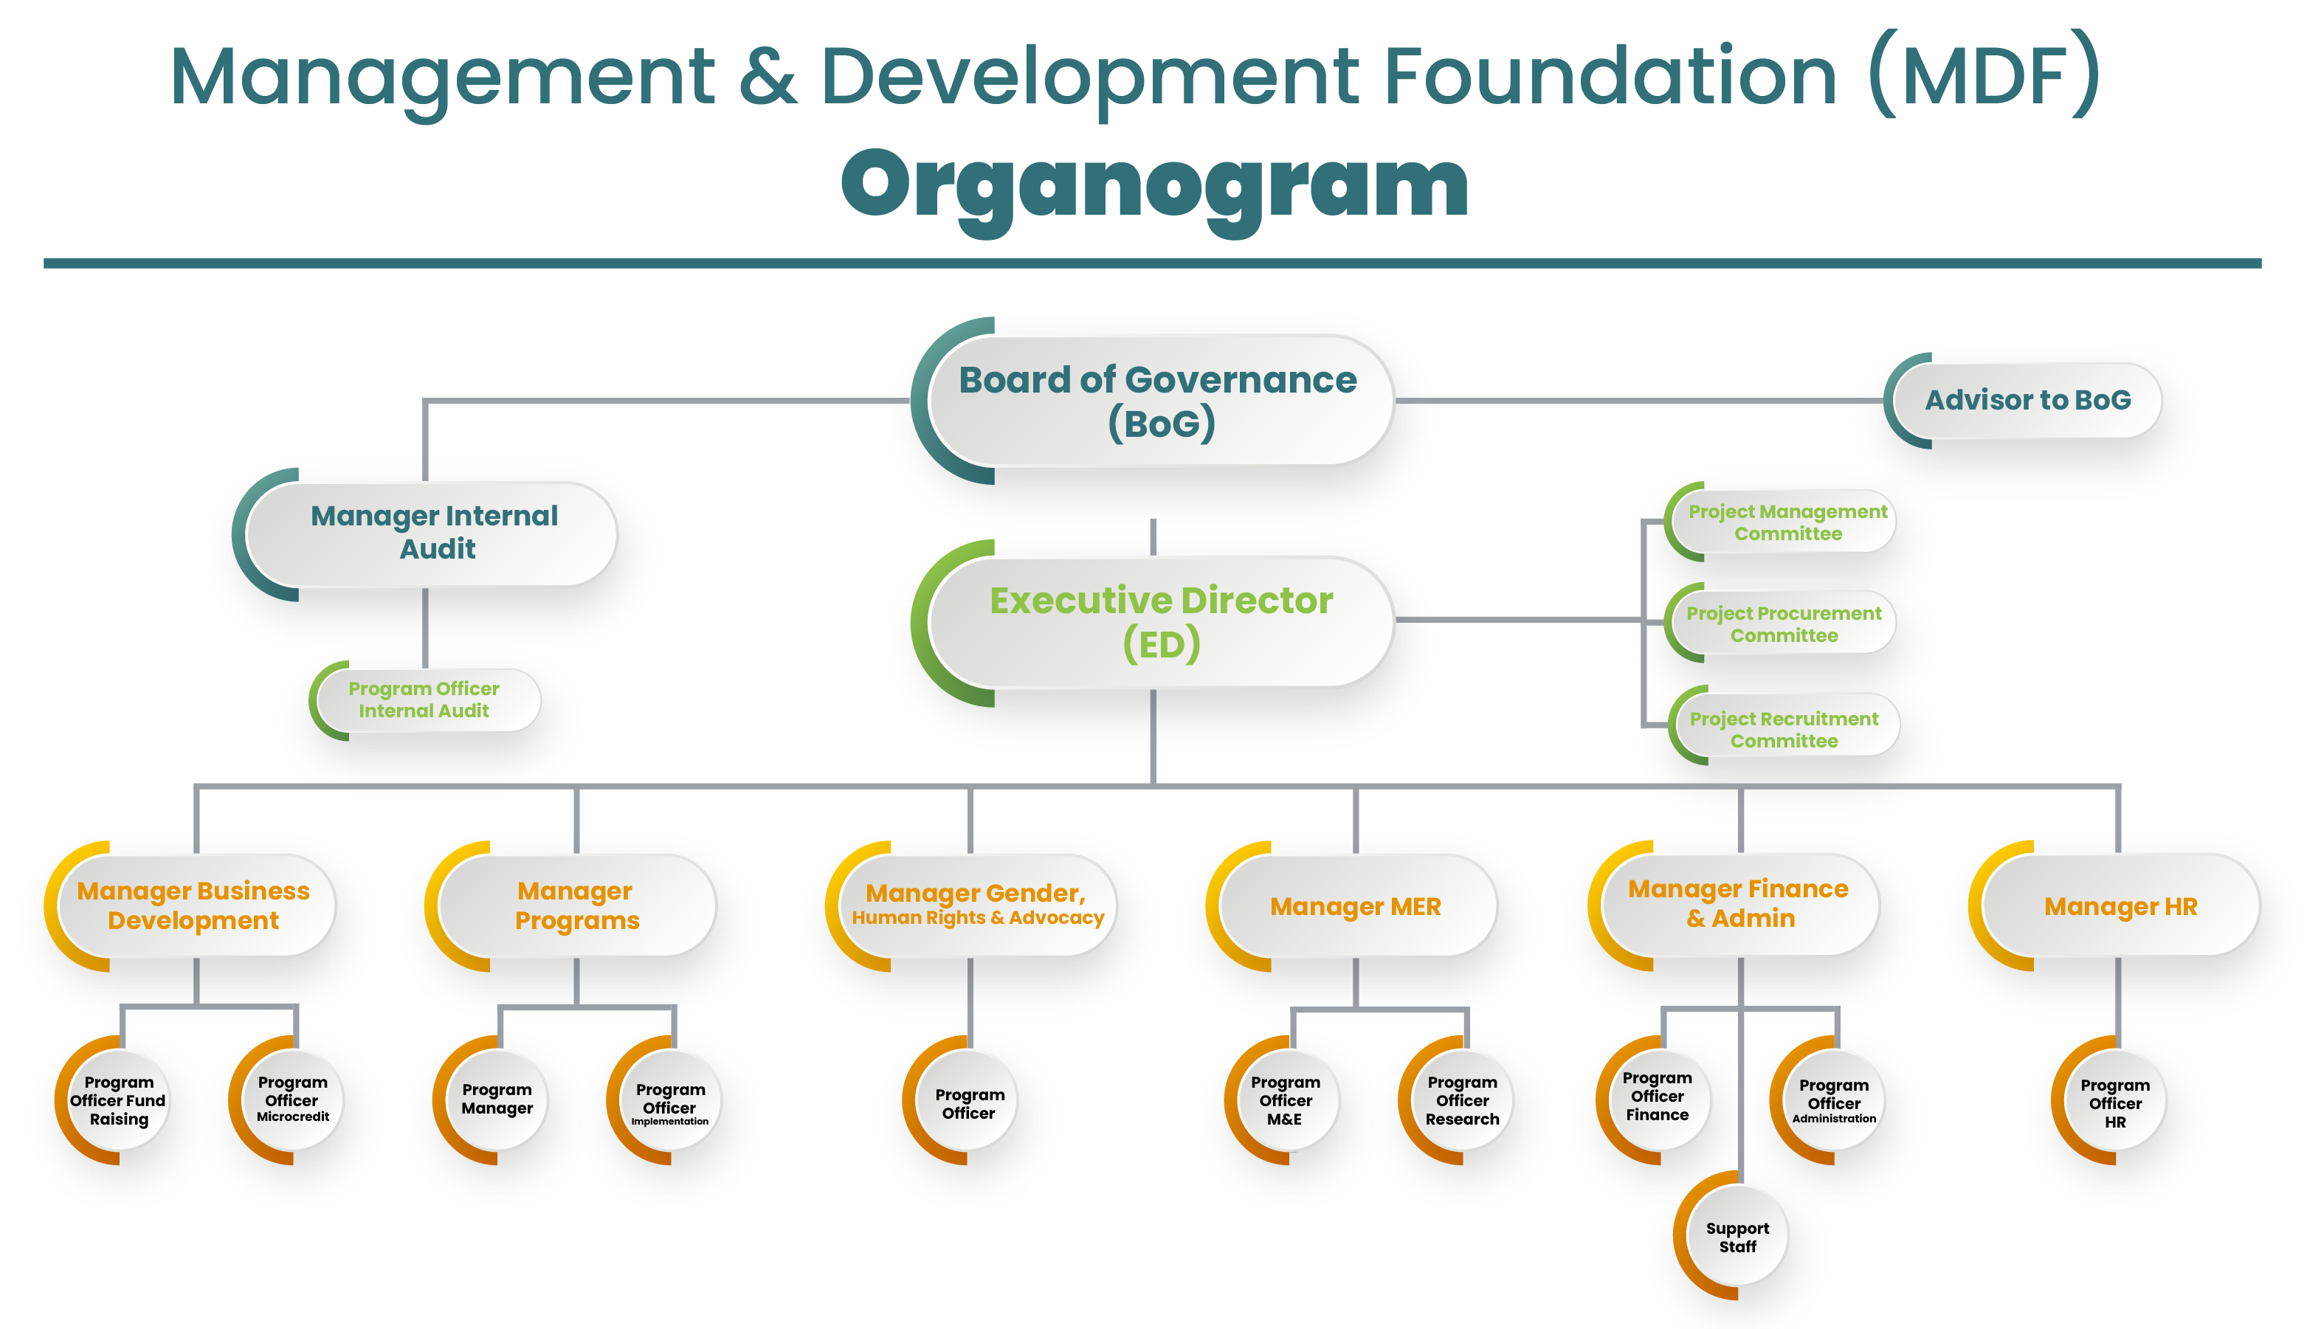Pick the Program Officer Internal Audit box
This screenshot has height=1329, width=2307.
(x=424, y=700)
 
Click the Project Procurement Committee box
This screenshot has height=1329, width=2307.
(x=1783, y=624)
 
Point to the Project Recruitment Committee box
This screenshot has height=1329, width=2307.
(x=1783, y=729)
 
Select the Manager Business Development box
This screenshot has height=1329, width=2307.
(x=193, y=905)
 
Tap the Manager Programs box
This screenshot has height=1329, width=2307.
(x=577, y=905)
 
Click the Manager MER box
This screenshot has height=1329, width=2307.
(x=1355, y=906)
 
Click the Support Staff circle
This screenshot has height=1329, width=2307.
(x=1737, y=1237)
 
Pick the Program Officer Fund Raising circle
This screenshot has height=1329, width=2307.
(x=119, y=1101)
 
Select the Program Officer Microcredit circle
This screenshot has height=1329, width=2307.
(x=292, y=1100)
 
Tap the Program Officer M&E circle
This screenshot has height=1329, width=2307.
(x=1285, y=1101)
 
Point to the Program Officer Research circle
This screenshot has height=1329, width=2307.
(x=1462, y=1101)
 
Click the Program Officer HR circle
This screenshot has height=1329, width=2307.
(x=2114, y=1102)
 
